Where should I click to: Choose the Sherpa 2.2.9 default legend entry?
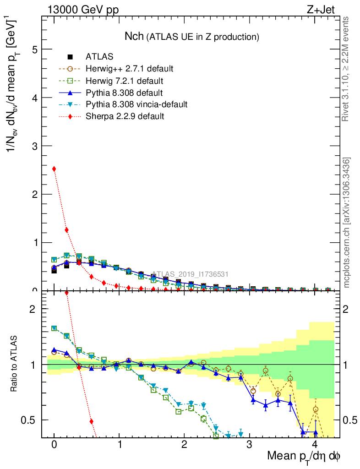pyautogui.click(x=125, y=116)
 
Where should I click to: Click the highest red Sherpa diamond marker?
pyautogui.click(x=54, y=169)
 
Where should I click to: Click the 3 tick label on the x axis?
pyautogui.click(x=249, y=445)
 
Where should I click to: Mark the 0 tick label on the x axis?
pyautogui.click(x=54, y=445)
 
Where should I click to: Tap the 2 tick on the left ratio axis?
pyautogui.click(x=33, y=309)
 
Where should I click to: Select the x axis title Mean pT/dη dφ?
pyautogui.click(x=303, y=456)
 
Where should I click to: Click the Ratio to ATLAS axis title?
pyautogui.click(x=15, y=364)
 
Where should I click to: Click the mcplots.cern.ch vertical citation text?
pyautogui.click(x=347, y=222)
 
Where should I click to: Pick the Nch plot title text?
pyautogui.click(x=192, y=36)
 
